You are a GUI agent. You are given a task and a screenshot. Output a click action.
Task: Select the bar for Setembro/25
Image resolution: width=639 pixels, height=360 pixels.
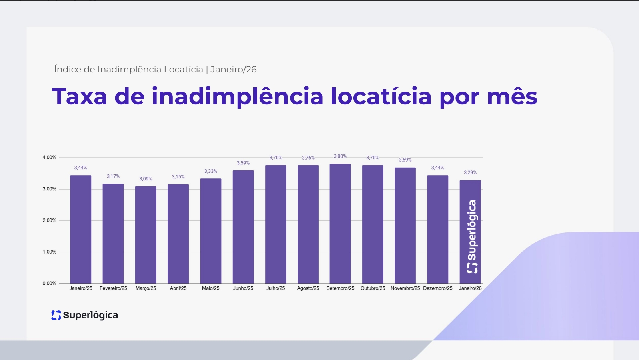pos(340,224)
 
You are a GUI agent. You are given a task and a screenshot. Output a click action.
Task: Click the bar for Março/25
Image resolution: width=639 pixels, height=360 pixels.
pos(146,235)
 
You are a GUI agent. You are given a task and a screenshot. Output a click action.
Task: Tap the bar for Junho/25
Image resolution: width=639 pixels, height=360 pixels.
pos(243,227)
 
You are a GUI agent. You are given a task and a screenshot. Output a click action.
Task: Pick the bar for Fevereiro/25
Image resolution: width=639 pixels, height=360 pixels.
pos(113,234)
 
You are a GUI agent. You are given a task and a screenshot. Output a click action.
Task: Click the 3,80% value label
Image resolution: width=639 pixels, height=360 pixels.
pos(340,156)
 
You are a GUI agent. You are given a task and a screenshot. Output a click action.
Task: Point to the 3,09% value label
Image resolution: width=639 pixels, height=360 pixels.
pos(146,179)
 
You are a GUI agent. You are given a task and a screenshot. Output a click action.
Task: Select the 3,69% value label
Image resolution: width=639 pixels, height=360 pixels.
pos(405,160)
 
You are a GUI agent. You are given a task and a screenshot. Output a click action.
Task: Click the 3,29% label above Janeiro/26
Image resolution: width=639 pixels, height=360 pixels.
pos(470,172)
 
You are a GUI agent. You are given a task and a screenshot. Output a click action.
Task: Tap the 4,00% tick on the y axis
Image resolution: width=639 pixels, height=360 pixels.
pos(49,158)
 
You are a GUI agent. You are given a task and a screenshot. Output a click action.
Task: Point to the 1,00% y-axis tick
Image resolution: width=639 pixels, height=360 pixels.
pos(49,252)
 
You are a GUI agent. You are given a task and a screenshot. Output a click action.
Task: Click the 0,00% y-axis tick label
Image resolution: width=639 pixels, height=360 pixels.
pos(49,283)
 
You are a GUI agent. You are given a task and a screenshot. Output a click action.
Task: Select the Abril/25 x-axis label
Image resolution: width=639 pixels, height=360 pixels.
pos(178,288)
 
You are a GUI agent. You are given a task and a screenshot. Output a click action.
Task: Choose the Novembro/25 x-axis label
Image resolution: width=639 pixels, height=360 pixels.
pos(405,288)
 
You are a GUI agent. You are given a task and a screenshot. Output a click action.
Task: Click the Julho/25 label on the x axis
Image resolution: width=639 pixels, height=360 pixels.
pos(276,288)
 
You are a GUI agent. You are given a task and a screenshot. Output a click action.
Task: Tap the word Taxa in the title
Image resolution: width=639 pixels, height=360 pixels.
pos(80,96)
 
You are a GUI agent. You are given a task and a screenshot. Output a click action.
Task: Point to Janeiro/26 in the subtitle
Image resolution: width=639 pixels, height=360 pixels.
pos(234,69)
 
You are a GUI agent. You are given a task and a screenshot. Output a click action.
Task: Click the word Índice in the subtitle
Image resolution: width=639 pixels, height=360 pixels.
pos(68,69)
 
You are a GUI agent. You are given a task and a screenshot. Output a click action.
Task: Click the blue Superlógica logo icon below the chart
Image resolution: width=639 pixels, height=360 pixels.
pos(56,315)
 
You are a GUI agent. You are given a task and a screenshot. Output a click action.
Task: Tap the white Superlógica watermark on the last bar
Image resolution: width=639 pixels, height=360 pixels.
pos(472,237)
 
